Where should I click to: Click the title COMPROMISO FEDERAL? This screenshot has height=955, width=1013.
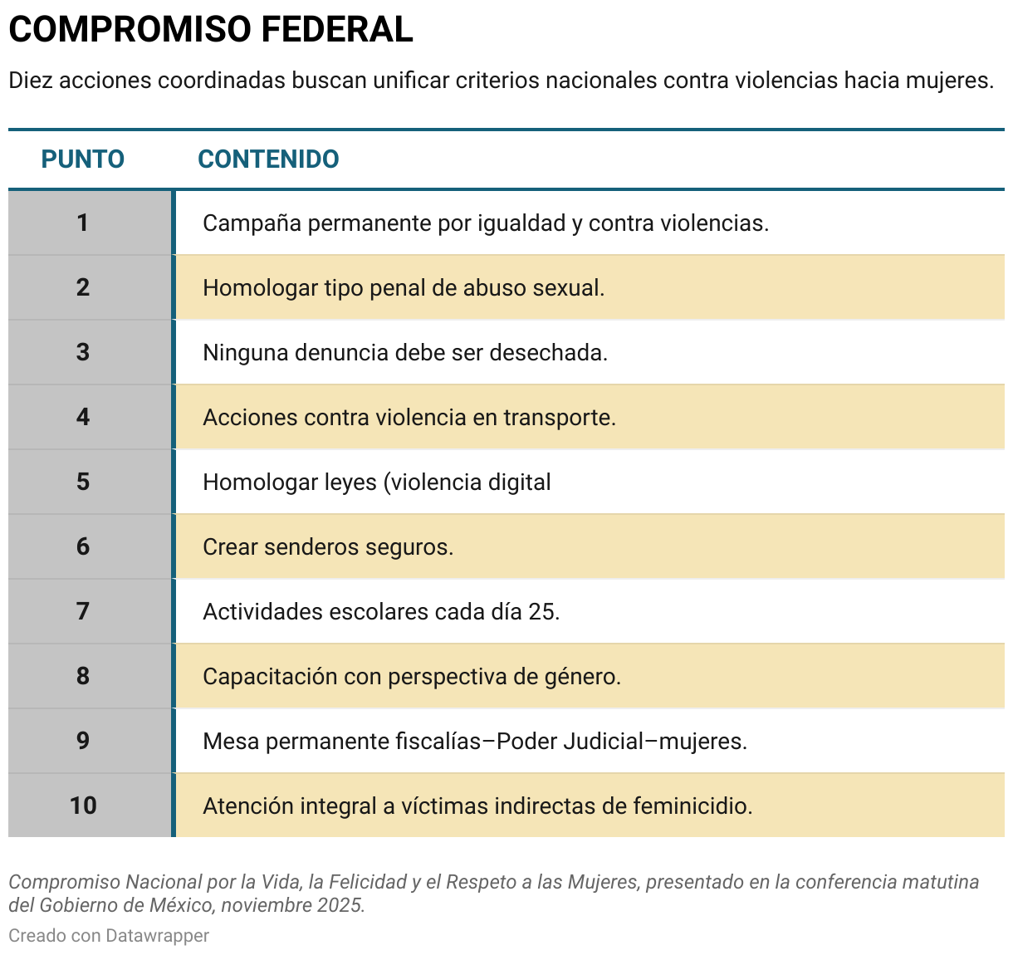pyautogui.click(x=211, y=30)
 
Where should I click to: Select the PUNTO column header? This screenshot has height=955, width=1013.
pyautogui.click(x=83, y=159)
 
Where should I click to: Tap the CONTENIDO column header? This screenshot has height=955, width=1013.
pyautogui.click(x=268, y=159)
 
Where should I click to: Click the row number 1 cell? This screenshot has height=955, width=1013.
pyautogui.click(x=83, y=223)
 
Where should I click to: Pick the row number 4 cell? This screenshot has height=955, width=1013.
pyautogui.click(x=83, y=417)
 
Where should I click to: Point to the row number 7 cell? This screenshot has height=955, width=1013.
pyautogui.click(x=83, y=611)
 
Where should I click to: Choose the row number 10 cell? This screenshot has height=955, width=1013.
pyautogui.click(x=83, y=806)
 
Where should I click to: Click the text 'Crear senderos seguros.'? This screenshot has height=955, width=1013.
pyautogui.click(x=328, y=547)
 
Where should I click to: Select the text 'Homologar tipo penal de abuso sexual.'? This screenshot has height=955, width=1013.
pyautogui.click(x=404, y=288)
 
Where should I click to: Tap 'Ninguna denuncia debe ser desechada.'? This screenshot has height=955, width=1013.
pyautogui.click(x=405, y=353)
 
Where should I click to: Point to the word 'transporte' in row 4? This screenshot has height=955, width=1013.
pyautogui.click(x=557, y=418)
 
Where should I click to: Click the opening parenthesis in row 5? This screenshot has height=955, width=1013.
pyautogui.click(x=385, y=482)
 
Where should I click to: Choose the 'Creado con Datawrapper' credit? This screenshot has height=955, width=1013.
pyautogui.click(x=109, y=936)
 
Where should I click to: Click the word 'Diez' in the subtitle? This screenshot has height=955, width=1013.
pyautogui.click(x=31, y=81)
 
